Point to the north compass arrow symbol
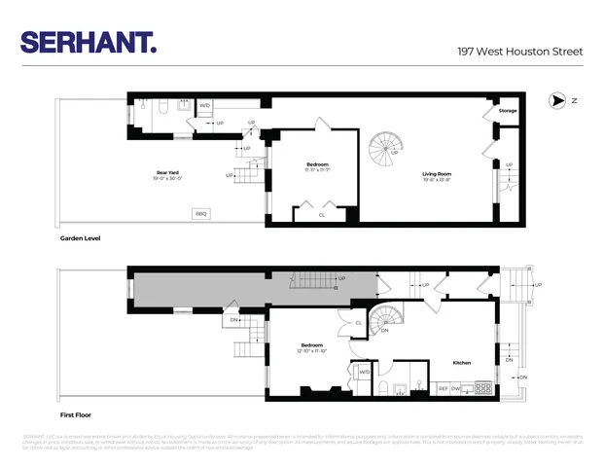pyautogui.click(x=558, y=100)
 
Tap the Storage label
pyautogui.click(x=508, y=111)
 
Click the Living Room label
pyautogui.click(x=437, y=175)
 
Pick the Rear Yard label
pyautogui.click(x=168, y=174)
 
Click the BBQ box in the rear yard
pyautogui.click(x=201, y=213)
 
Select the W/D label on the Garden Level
pyautogui.click(x=204, y=105)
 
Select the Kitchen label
pyautogui.click(x=462, y=363)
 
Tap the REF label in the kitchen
pyautogui.click(x=444, y=389)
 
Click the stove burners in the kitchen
pyautogui.click(x=480, y=389)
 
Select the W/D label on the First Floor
pyautogui.click(x=365, y=371)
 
